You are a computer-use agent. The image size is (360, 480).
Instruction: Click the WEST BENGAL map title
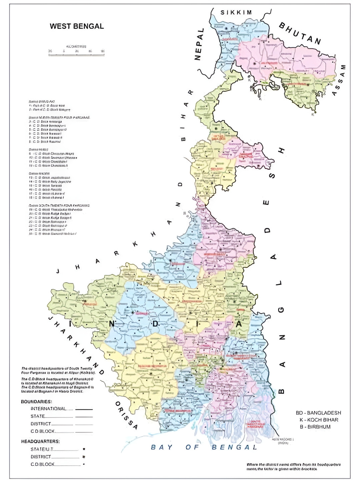(77, 26)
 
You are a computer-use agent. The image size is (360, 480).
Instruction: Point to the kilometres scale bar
(76, 52)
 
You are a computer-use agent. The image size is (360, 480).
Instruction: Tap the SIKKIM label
(236, 13)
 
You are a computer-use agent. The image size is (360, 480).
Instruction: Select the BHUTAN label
(300, 33)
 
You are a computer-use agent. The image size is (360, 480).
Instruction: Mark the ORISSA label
(126, 415)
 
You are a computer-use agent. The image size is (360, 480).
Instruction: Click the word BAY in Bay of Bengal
(162, 447)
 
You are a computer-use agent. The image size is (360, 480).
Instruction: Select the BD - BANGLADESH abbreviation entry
(318, 413)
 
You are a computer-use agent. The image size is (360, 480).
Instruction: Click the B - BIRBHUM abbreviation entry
(315, 427)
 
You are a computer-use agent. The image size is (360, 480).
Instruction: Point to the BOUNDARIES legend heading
(36, 402)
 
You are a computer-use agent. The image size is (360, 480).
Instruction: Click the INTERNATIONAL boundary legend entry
(49, 409)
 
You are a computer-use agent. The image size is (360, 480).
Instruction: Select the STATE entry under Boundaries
(38, 416)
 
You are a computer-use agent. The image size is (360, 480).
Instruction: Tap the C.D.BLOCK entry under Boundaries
(43, 431)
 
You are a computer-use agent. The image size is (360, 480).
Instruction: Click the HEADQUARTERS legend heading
(40, 441)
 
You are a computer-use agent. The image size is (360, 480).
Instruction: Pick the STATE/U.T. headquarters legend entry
(42, 449)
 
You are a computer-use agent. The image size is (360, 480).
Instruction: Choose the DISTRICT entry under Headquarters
(41, 457)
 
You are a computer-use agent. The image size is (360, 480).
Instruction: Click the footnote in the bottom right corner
(293, 466)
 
